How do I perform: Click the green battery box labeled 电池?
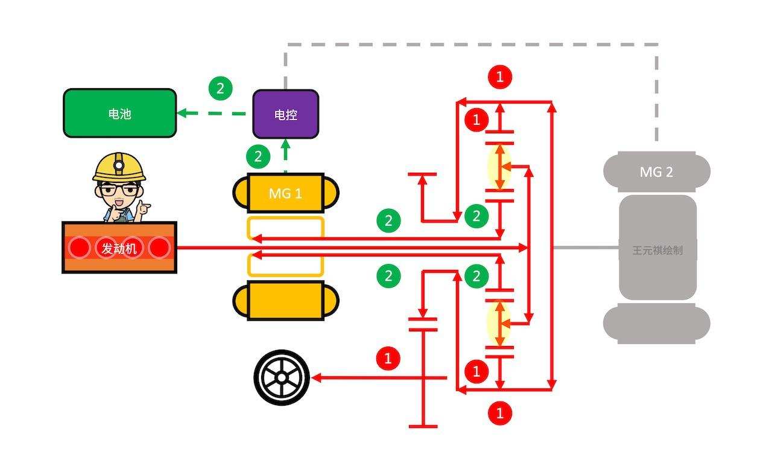(120, 114)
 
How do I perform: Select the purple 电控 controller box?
(285, 114)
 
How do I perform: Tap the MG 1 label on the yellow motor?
(285, 193)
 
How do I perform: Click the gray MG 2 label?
(656, 172)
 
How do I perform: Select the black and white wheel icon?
(282, 378)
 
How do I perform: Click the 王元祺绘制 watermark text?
(657, 250)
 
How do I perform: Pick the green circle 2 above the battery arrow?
(221, 89)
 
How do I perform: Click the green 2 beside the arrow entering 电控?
(258, 157)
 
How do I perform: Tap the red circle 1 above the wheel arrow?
(388, 359)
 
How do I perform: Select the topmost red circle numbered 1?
(499, 77)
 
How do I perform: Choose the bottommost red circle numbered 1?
(499, 414)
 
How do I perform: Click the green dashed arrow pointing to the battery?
(211, 113)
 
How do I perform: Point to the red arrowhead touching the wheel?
(315, 378)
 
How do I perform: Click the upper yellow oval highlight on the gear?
(499, 167)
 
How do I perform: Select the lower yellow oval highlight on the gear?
(499, 323)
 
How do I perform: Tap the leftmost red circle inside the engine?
(78, 248)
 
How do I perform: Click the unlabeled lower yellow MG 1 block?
(285, 301)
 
